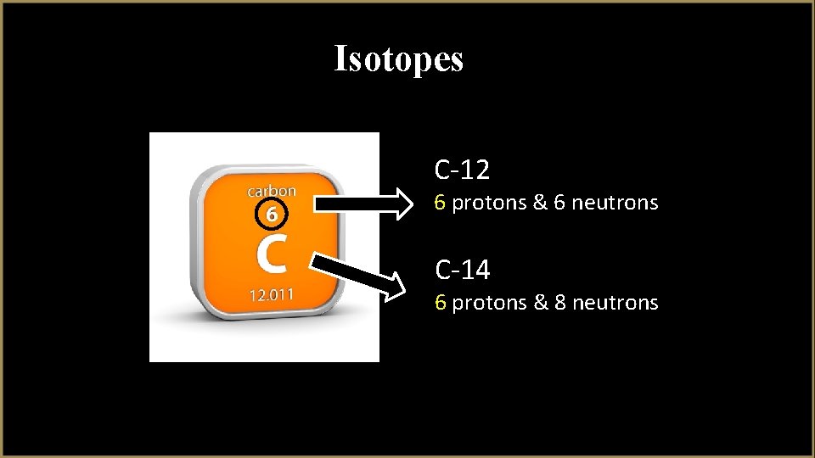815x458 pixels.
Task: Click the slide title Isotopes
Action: (399, 59)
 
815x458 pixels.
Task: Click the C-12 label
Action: (462, 170)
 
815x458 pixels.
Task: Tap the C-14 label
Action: (463, 271)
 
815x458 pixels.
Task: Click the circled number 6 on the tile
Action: (270, 215)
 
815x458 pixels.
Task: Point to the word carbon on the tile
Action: (271, 191)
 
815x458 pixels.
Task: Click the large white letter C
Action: (271, 254)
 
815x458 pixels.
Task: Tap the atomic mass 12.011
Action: (271, 295)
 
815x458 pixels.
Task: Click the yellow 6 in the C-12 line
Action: (440, 204)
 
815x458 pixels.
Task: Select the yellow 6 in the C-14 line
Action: (440, 303)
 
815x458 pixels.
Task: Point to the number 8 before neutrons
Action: (560, 303)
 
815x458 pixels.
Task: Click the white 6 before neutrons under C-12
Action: (560, 204)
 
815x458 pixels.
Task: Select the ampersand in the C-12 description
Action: (540, 204)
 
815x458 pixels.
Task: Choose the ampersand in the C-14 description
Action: (540, 303)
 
